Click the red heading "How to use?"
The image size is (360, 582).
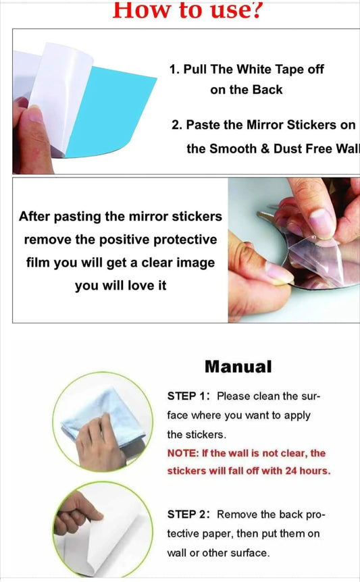(188, 10)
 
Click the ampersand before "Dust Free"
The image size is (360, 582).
(265, 149)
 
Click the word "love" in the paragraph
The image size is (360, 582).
(141, 286)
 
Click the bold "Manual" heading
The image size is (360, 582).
(238, 367)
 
